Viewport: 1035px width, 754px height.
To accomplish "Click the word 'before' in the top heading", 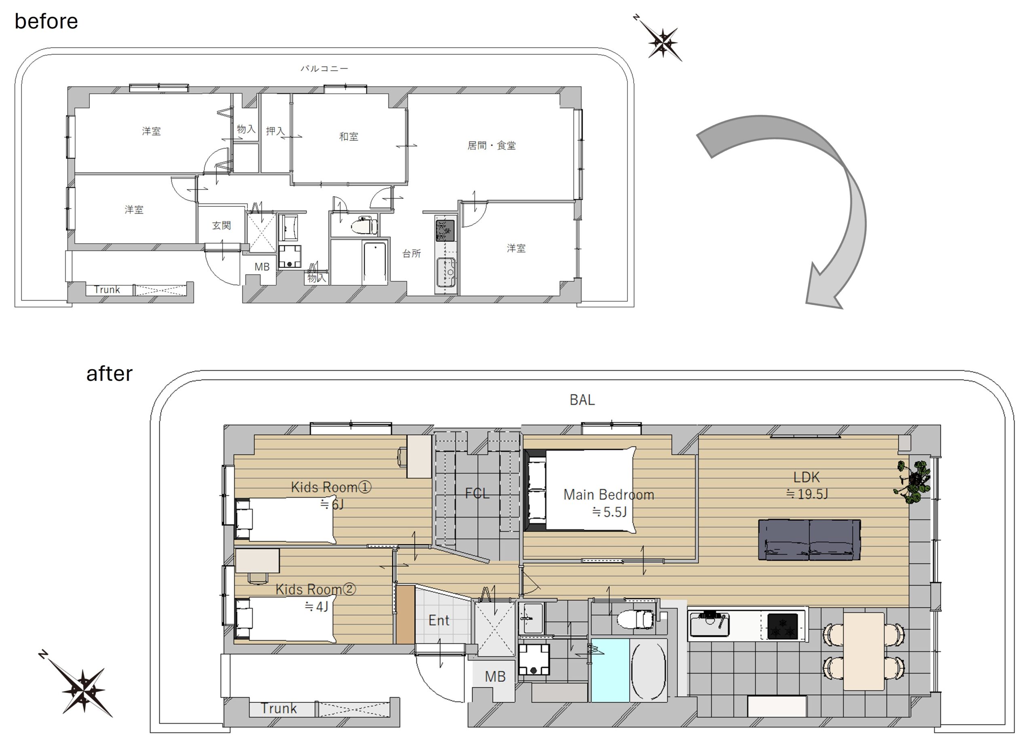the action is pos(46,21).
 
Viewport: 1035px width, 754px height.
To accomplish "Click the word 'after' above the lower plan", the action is pos(109,373).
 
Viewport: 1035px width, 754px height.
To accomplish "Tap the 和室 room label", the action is pos(349,137).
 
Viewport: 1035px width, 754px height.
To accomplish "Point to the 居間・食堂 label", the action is pos(491,145).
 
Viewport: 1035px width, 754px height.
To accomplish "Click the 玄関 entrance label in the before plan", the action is pos(222,225).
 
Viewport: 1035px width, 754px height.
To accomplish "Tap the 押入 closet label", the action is pos(275,131).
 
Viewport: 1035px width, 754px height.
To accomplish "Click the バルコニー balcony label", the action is pos(324,68).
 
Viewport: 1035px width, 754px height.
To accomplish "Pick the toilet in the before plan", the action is pos(364,225).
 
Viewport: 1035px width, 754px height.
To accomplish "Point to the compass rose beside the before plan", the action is pos(660,40).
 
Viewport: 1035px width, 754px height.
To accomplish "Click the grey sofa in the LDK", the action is pos(809,539).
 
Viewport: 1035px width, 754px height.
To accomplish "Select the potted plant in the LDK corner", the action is pos(912,482).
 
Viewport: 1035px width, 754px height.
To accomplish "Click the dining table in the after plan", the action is pos(864,651).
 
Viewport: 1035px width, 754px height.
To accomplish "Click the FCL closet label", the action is pos(477,493).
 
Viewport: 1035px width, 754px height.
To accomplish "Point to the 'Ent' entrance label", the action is pos(439,620).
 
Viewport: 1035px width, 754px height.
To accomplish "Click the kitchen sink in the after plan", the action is pos(709,623).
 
